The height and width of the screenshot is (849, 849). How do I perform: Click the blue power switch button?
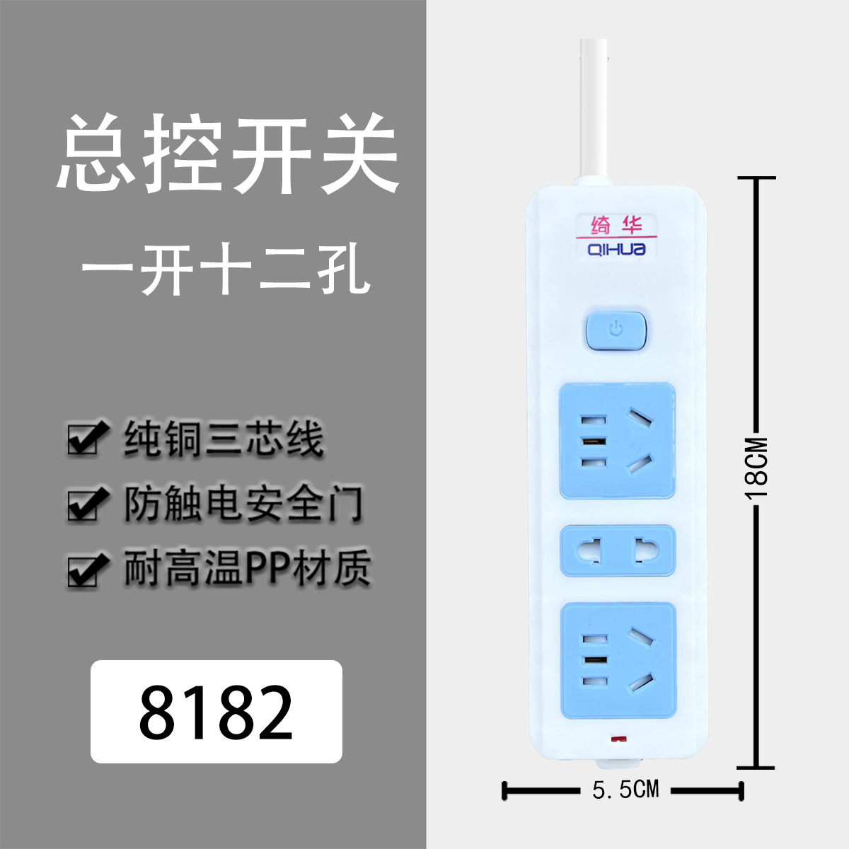click(617, 330)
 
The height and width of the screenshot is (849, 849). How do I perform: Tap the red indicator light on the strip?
click(620, 740)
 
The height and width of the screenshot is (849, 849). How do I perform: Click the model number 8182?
click(216, 711)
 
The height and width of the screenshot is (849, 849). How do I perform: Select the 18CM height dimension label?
click(756, 468)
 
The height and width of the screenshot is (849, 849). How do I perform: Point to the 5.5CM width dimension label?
click(625, 790)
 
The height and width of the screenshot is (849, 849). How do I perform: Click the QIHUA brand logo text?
click(616, 249)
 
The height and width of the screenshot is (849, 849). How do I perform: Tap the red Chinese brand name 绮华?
click(616, 226)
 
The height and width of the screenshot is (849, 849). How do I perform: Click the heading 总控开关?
click(228, 154)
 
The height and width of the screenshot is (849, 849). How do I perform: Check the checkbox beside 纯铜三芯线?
click(86, 439)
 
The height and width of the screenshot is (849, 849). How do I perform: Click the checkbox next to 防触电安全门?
click(86, 504)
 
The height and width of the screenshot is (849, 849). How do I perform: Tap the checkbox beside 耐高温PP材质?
click(86, 570)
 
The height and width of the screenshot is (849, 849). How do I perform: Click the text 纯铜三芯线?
click(224, 439)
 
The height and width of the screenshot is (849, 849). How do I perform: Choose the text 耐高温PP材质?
click(247, 569)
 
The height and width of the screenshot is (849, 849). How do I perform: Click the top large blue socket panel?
click(617, 440)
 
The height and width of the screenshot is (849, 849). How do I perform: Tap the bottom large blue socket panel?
click(617, 661)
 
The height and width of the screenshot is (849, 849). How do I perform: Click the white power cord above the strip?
click(594, 106)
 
